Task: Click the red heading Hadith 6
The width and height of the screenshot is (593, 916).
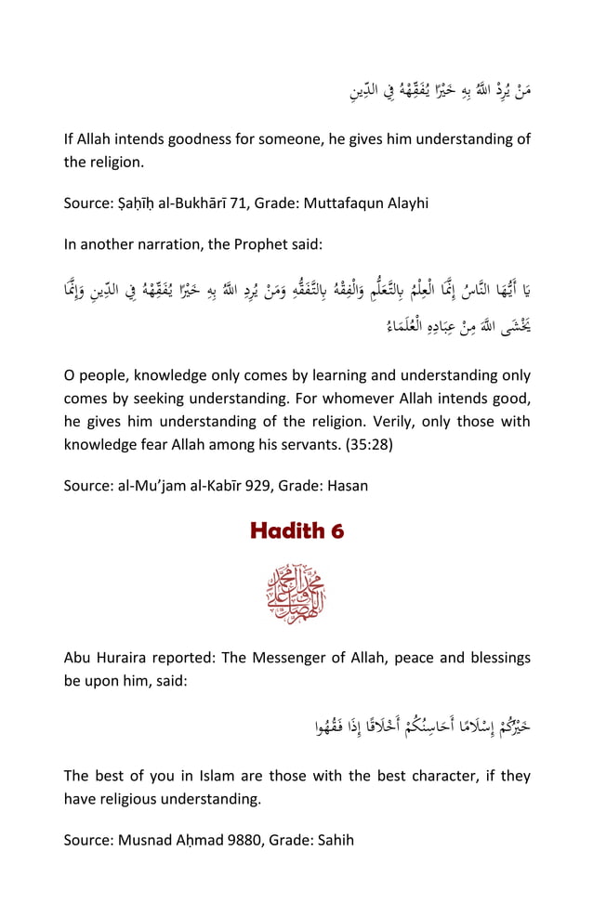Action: pos(296,530)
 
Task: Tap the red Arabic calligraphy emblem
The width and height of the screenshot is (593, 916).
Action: pos(296,593)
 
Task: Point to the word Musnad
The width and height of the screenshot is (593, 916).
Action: pos(143,840)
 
